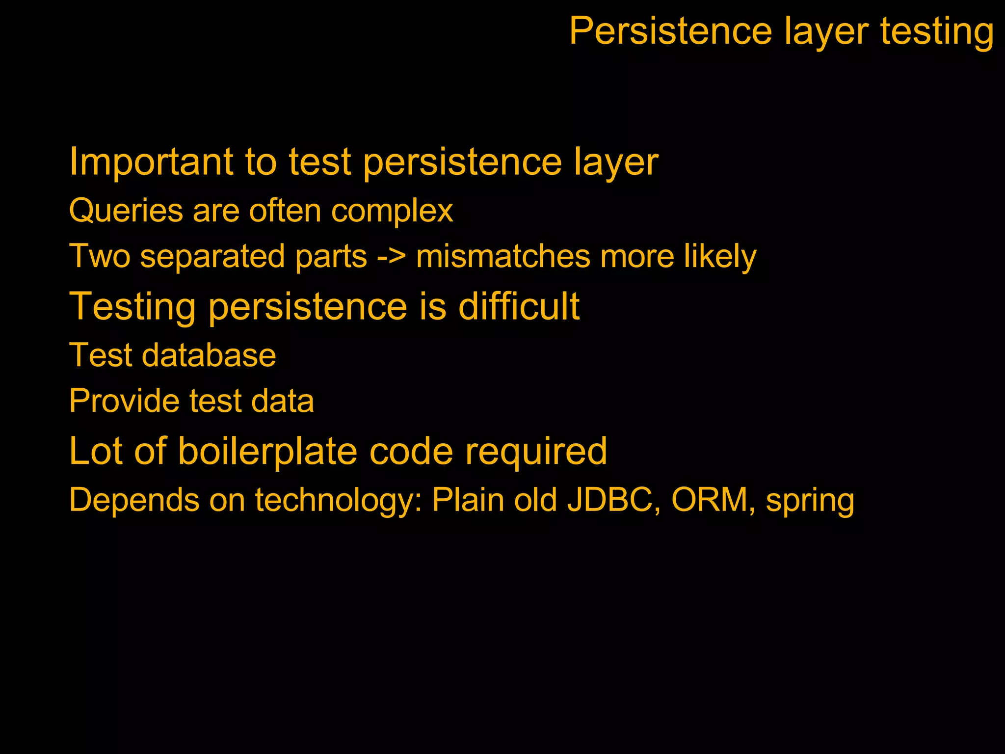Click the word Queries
(126, 211)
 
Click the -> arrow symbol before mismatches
(392, 257)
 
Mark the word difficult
(519, 306)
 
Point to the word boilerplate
(267, 451)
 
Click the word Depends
(134, 500)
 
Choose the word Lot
(96, 451)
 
